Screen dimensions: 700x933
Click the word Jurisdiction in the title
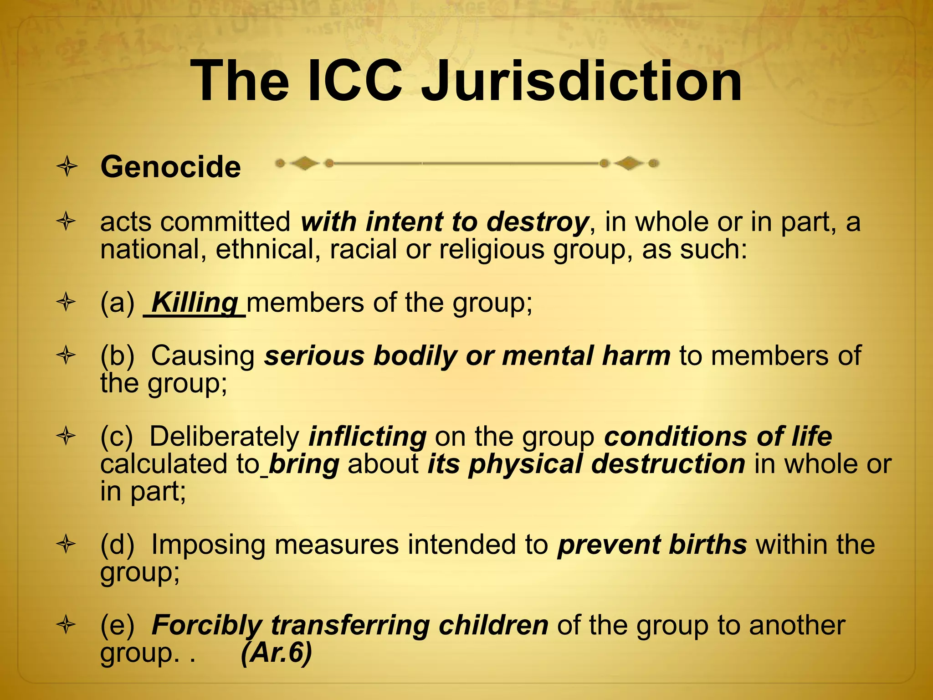click(x=581, y=82)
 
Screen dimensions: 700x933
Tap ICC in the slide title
click(x=354, y=82)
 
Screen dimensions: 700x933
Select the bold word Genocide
click(x=170, y=167)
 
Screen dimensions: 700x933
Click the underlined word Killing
click(x=195, y=302)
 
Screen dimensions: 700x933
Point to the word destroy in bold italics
click(x=537, y=222)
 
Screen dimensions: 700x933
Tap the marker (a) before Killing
click(x=117, y=302)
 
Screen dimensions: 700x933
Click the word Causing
click(x=203, y=355)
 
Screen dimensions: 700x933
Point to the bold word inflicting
click(x=368, y=436)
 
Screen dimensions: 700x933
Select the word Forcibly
click(x=207, y=625)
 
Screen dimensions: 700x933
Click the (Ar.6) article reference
click(x=277, y=653)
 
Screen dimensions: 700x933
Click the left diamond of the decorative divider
click(x=304, y=163)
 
